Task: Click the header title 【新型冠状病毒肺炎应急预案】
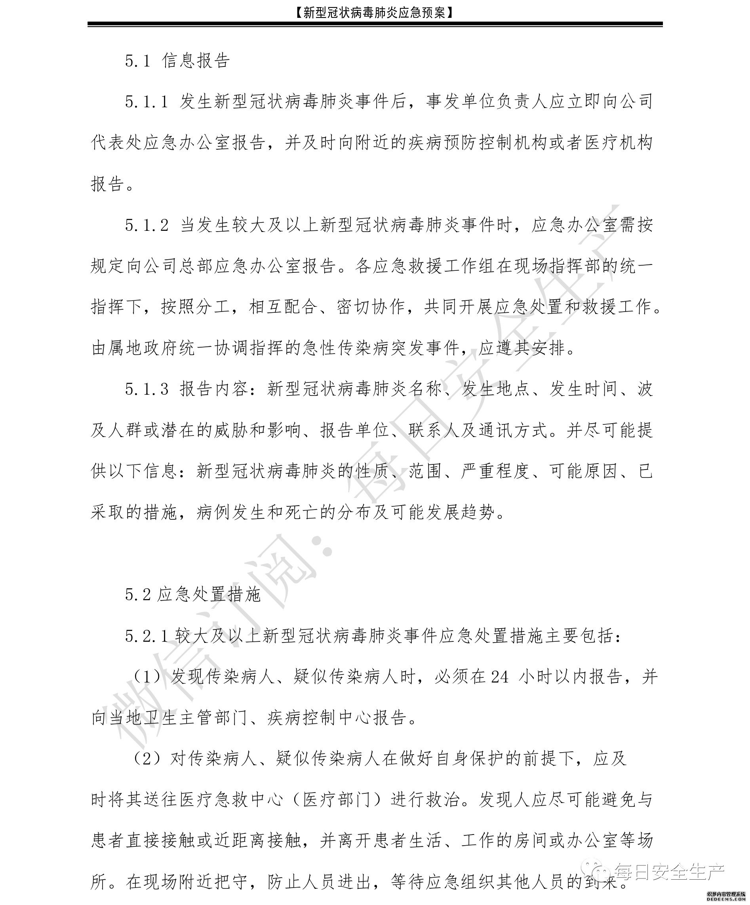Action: pos(375,13)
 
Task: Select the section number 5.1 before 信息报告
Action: pos(137,61)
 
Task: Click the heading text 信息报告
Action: pos(196,61)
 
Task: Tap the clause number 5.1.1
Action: pos(146,102)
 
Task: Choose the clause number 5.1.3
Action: pos(147,390)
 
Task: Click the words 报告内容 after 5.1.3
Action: pos(215,390)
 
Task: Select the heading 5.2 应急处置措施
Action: pos(193,595)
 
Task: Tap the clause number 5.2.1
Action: pos(146,636)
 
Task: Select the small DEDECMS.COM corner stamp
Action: pos(726,898)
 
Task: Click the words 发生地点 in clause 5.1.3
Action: pos(496,390)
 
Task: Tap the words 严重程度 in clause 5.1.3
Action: pos(496,472)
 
